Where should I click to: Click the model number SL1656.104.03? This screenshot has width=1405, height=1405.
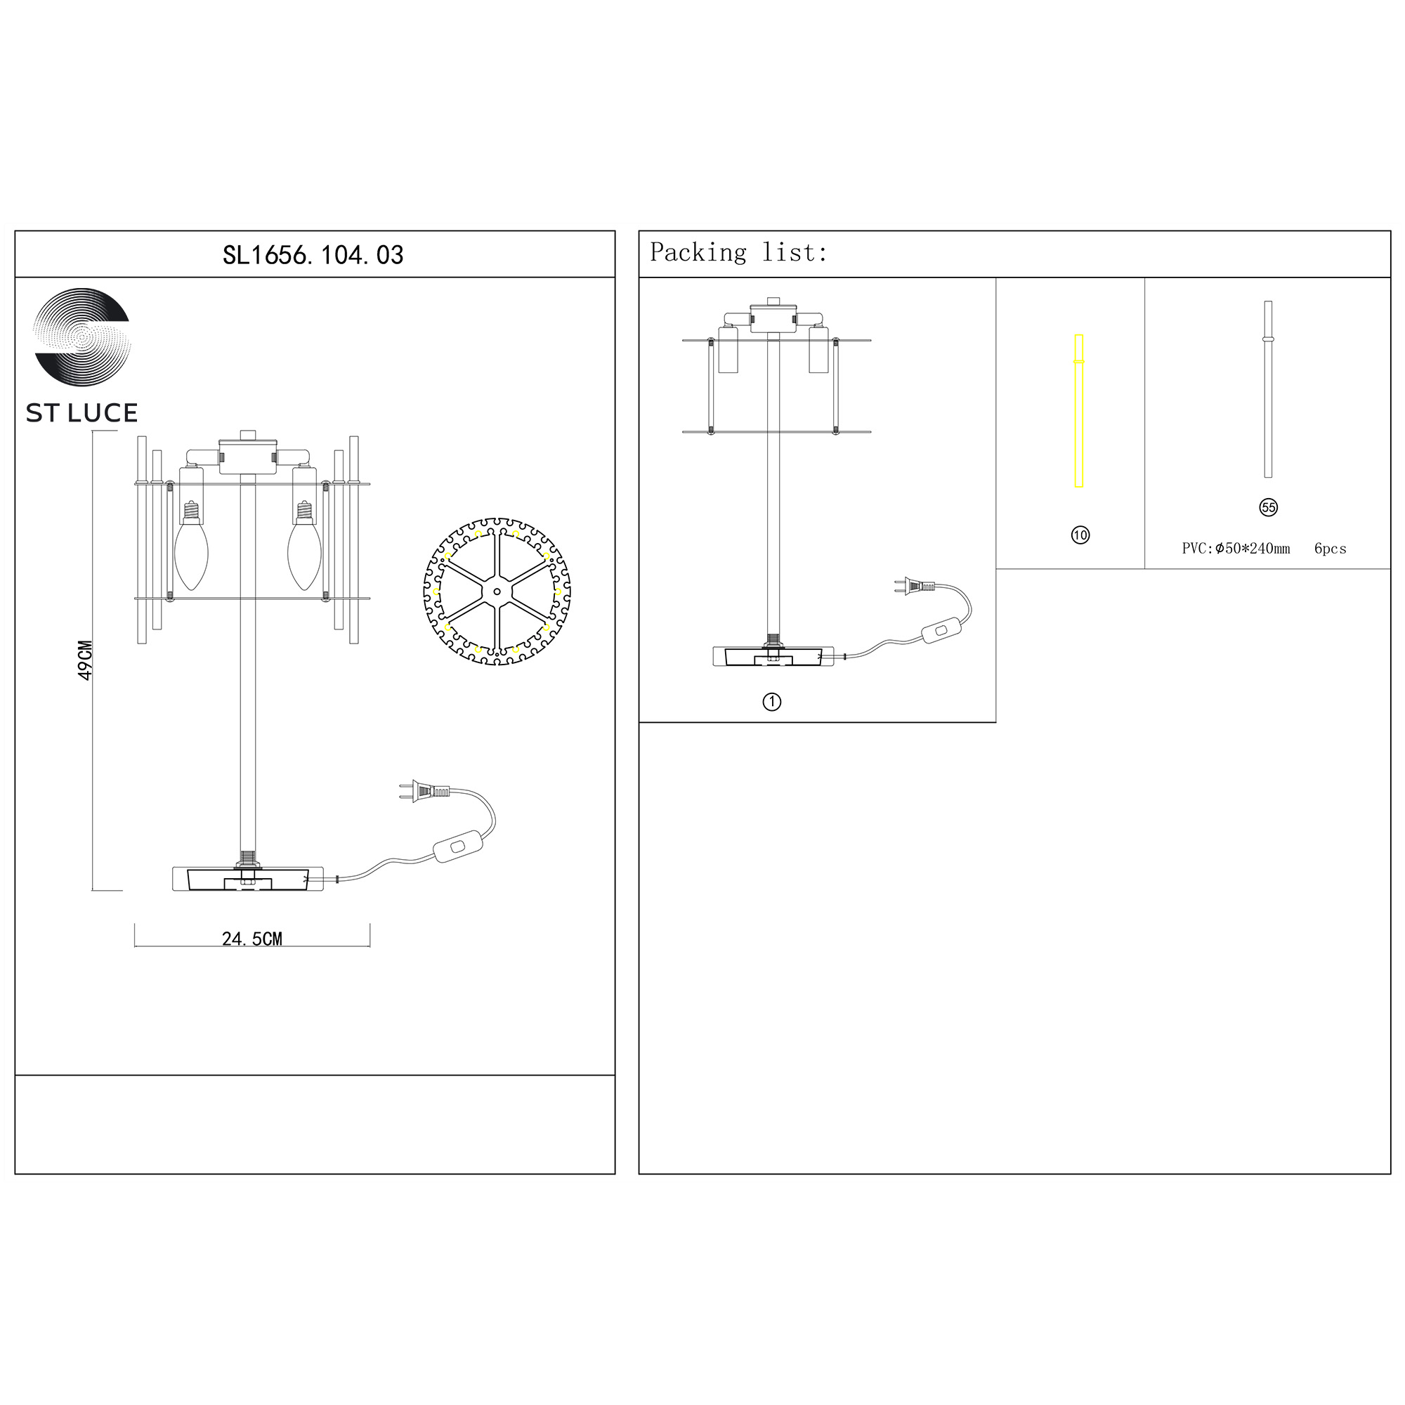313,255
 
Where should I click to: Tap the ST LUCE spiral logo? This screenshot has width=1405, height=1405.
82,336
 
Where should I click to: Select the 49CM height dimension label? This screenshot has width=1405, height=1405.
85,660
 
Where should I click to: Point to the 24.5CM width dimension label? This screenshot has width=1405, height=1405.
251,939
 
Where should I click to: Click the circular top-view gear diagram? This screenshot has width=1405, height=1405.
497,592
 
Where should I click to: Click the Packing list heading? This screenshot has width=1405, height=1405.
738,252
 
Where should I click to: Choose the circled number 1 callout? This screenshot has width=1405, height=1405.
771,702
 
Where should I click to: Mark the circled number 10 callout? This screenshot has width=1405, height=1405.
1080,535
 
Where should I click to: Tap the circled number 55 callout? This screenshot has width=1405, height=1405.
1268,508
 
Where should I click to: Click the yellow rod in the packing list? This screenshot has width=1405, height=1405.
1079,411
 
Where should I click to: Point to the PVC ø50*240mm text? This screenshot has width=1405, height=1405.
1236,549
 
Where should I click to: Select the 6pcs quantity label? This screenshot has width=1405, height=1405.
1330,549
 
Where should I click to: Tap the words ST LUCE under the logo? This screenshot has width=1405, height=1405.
81,413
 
